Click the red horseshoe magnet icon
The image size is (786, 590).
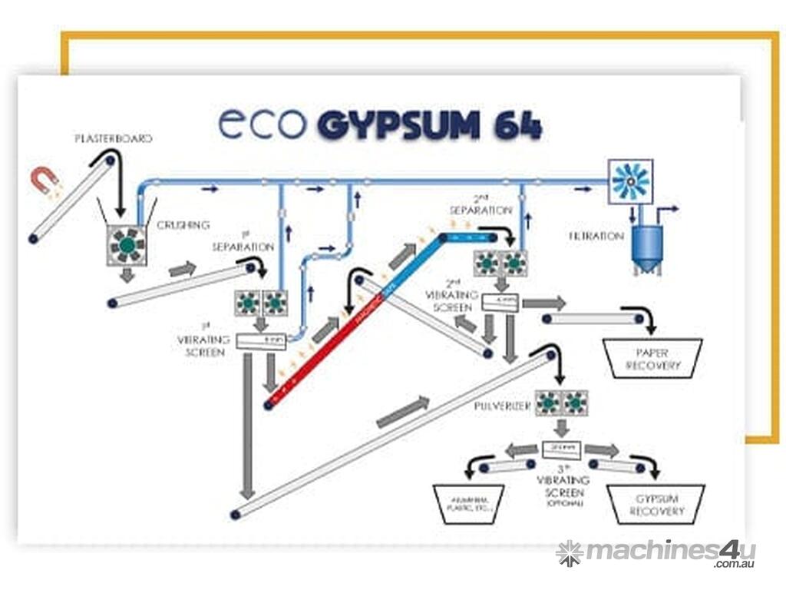click(45, 179)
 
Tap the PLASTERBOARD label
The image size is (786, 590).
click(113, 139)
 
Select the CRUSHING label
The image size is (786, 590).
click(183, 225)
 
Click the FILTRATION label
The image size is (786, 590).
click(596, 237)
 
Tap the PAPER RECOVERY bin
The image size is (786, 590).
click(653, 359)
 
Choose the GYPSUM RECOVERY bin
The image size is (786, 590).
click(656, 505)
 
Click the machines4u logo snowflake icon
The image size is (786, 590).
click(569, 553)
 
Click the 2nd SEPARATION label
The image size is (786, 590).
click(481, 204)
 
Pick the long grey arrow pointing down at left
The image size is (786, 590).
click(247, 429)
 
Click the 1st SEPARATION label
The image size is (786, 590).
click(243, 243)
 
